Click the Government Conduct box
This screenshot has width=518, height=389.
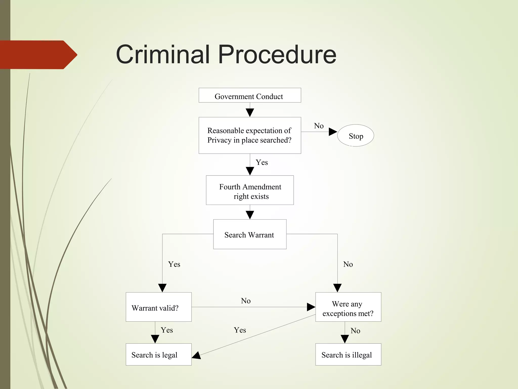[250, 95]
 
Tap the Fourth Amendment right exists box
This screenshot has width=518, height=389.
[250, 190]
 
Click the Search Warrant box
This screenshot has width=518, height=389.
[250, 234]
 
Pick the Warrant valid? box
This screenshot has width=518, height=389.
[159, 307]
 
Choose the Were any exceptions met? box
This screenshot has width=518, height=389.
[348, 307]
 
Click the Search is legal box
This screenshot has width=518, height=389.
[159, 354]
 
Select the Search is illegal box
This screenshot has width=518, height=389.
[348, 354]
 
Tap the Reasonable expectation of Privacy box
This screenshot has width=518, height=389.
[250, 135]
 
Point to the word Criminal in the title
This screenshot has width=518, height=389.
[163, 54]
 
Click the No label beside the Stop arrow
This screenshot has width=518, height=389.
[319, 126]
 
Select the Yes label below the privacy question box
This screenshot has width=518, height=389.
[262, 162]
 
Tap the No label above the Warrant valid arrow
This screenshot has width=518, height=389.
[246, 301]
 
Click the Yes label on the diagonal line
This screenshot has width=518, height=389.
[240, 330]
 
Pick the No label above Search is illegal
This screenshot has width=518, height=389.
[355, 331]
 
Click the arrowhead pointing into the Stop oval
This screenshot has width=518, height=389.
[333, 132]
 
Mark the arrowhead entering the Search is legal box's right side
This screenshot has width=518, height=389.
[196, 355]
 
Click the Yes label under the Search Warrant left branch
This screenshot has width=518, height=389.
[174, 264]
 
